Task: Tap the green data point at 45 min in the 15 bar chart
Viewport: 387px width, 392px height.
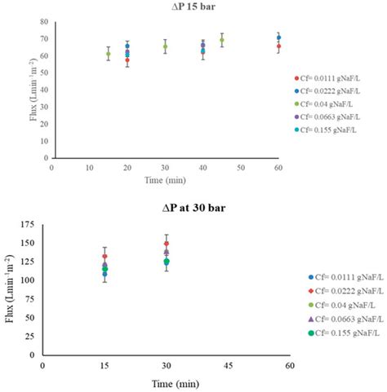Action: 221,40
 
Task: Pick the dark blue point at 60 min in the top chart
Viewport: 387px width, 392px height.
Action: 278,37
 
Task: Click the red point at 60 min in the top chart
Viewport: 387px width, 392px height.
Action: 278,46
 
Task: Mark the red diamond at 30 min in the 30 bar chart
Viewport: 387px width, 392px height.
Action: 167,244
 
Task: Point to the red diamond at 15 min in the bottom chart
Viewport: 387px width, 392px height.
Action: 105,257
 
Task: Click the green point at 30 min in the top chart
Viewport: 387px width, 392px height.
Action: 165,46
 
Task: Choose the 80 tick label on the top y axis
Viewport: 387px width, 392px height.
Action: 42,22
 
